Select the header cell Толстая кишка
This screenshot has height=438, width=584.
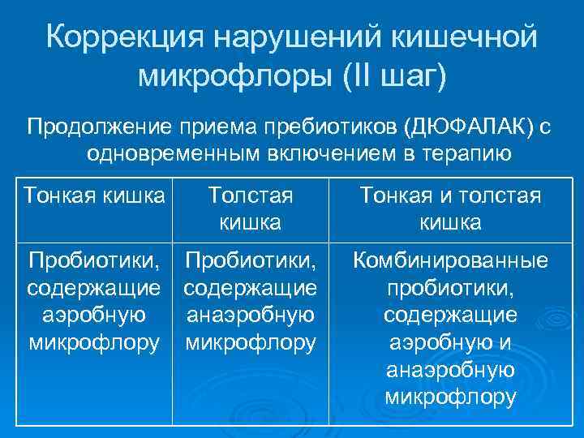tap(250, 208)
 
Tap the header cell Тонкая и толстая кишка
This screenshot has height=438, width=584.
tap(451, 208)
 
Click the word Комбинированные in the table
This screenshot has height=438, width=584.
tap(451, 260)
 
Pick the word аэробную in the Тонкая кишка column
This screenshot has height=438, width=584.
tap(94, 315)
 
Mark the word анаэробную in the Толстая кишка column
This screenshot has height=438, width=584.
tap(250, 315)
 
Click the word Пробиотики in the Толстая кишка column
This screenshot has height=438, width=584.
tap(250, 260)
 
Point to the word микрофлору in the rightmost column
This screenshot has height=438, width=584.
tap(451, 397)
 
